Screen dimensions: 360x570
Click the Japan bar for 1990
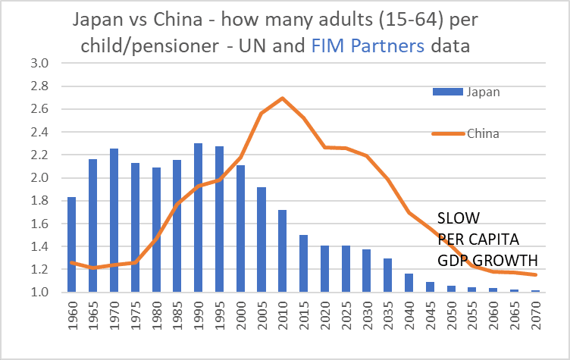click(x=198, y=228)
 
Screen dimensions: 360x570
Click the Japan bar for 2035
click(x=387, y=275)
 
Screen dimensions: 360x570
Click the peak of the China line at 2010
click(x=282, y=98)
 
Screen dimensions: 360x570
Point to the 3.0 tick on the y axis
click(x=39, y=64)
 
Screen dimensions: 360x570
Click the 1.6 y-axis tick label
click(x=39, y=224)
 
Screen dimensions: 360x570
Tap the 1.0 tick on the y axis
click(x=39, y=293)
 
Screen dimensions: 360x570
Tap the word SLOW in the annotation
click(x=458, y=218)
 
